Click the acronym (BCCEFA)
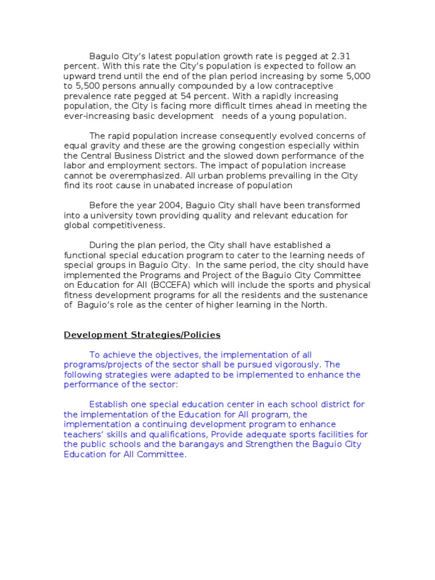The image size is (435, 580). (x=174, y=285)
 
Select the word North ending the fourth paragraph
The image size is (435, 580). (x=314, y=305)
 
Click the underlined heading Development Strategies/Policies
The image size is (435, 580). (x=142, y=335)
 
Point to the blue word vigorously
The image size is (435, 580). (x=299, y=365)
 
